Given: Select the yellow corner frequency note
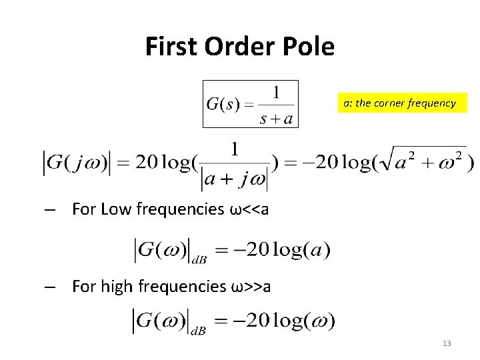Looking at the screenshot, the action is [399, 103].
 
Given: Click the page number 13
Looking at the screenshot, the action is [447, 343].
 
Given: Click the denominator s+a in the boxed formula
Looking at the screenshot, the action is [276, 117].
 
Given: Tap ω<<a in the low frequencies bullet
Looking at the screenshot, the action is [249, 210].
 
